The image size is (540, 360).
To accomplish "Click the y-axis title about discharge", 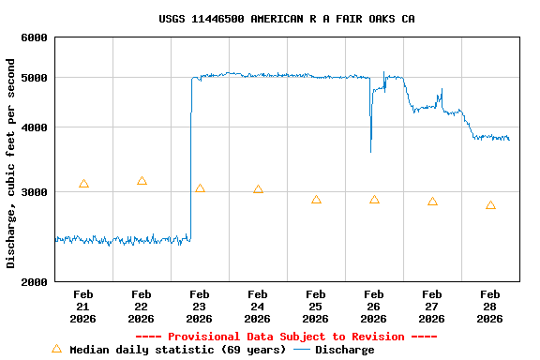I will (11, 163).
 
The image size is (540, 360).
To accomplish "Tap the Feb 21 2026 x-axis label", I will (83, 307).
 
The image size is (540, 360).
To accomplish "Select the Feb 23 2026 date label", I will (200, 307).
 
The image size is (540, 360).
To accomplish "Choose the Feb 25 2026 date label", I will (316, 307).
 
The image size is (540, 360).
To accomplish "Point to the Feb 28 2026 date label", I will (490, 307).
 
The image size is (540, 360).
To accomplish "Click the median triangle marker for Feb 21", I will (83, 184).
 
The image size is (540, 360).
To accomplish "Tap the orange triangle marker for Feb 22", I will (142, 181).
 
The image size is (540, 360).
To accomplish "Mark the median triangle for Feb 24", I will (258, 189).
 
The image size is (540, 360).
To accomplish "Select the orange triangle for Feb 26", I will (374, 200).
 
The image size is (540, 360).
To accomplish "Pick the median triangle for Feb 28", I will (490, 205).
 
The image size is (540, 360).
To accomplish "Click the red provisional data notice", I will (286, 337).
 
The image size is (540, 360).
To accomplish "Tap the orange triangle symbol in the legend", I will (56, 349).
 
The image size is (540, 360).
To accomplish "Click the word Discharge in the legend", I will (344, 350).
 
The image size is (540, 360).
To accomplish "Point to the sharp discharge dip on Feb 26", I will (370, 150).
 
